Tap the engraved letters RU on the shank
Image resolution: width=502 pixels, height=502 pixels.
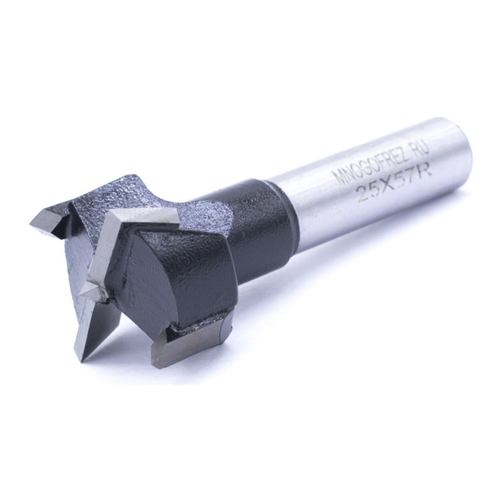pos(422,149)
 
